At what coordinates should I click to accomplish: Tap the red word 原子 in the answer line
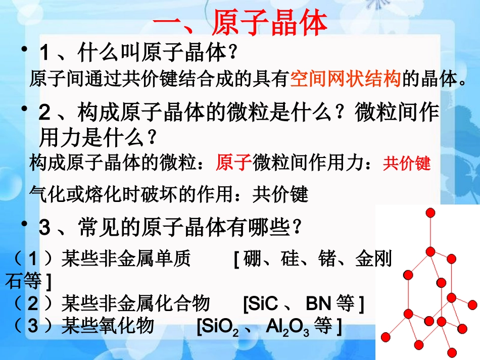[x=233, y=163]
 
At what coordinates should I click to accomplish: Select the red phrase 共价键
[x=406, y=164]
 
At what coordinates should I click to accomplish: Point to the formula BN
[x=318, y=303]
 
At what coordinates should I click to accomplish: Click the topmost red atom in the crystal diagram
[x=430, y=213]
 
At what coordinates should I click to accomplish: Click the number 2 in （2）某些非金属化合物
[x=33, y=303]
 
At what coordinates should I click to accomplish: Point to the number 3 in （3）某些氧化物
[x=33, y=326]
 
